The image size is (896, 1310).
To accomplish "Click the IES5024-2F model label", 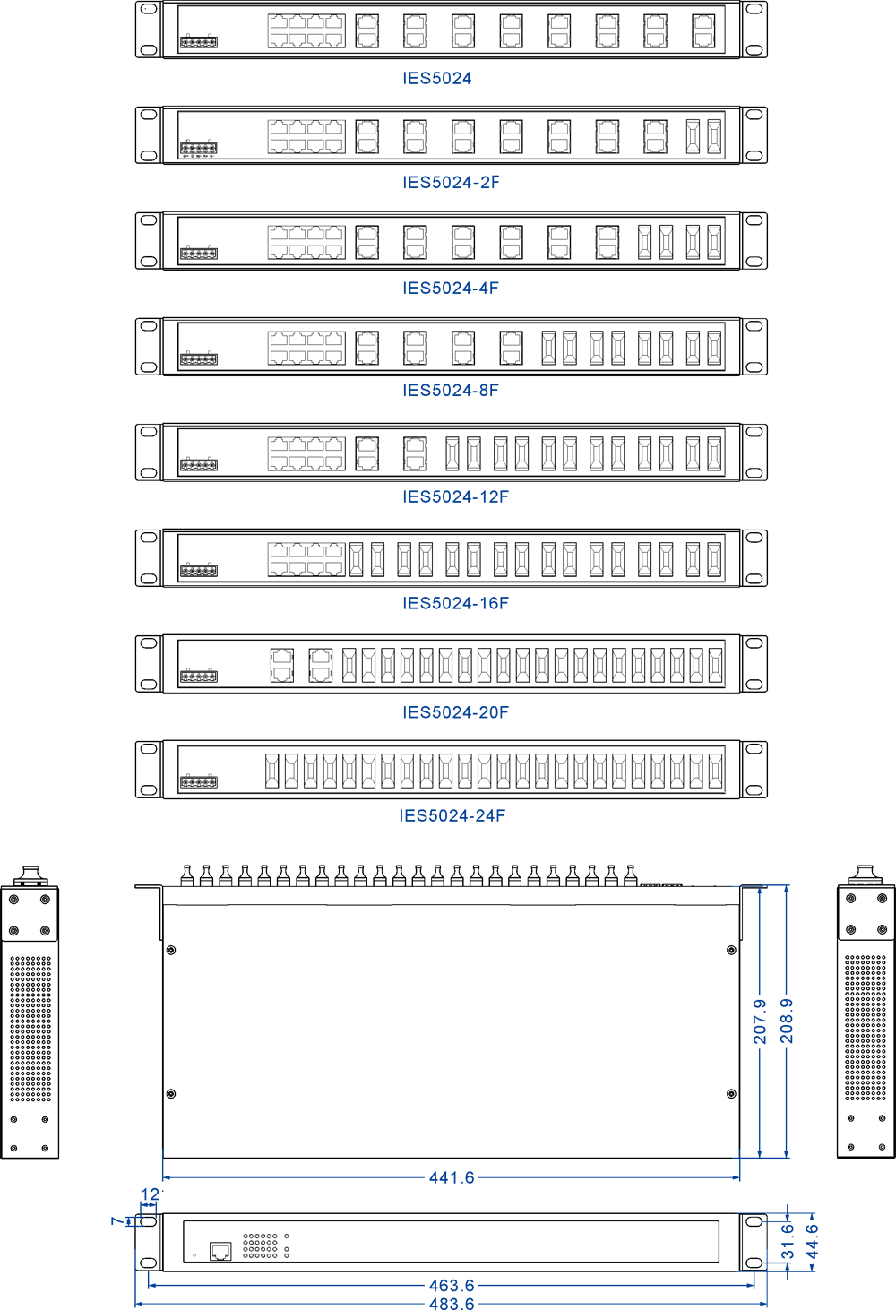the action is (451, 183).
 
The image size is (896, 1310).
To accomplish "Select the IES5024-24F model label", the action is (452, 815).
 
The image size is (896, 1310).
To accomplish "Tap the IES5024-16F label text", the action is (455, 603).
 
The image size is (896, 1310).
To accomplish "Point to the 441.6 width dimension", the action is (452, 1177).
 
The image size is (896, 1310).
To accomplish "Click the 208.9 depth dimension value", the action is (787, 1021).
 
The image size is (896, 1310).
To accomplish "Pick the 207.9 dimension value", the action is (760, 1021).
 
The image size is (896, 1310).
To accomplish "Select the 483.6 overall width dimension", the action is (452, 1304).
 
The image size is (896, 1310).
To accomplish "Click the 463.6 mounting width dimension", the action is (452, 1286).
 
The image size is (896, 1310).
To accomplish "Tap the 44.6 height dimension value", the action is (812, 1241).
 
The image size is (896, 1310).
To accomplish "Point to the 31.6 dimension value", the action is (788, 1241).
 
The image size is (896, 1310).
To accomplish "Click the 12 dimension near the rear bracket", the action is (150, 1194).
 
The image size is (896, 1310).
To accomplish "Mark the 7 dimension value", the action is (117, 1220).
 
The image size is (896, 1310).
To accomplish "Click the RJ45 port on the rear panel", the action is (220, 1251).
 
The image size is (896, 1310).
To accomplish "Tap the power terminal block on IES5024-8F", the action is (199, 358).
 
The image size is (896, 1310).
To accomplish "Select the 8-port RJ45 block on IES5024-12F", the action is (306, 453).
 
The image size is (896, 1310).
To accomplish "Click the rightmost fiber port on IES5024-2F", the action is (714, 136).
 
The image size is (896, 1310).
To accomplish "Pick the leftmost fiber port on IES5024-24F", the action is (272, 771).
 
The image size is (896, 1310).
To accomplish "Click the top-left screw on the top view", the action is (171, 951).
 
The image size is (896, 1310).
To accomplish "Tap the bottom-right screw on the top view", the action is (731, 1094).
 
